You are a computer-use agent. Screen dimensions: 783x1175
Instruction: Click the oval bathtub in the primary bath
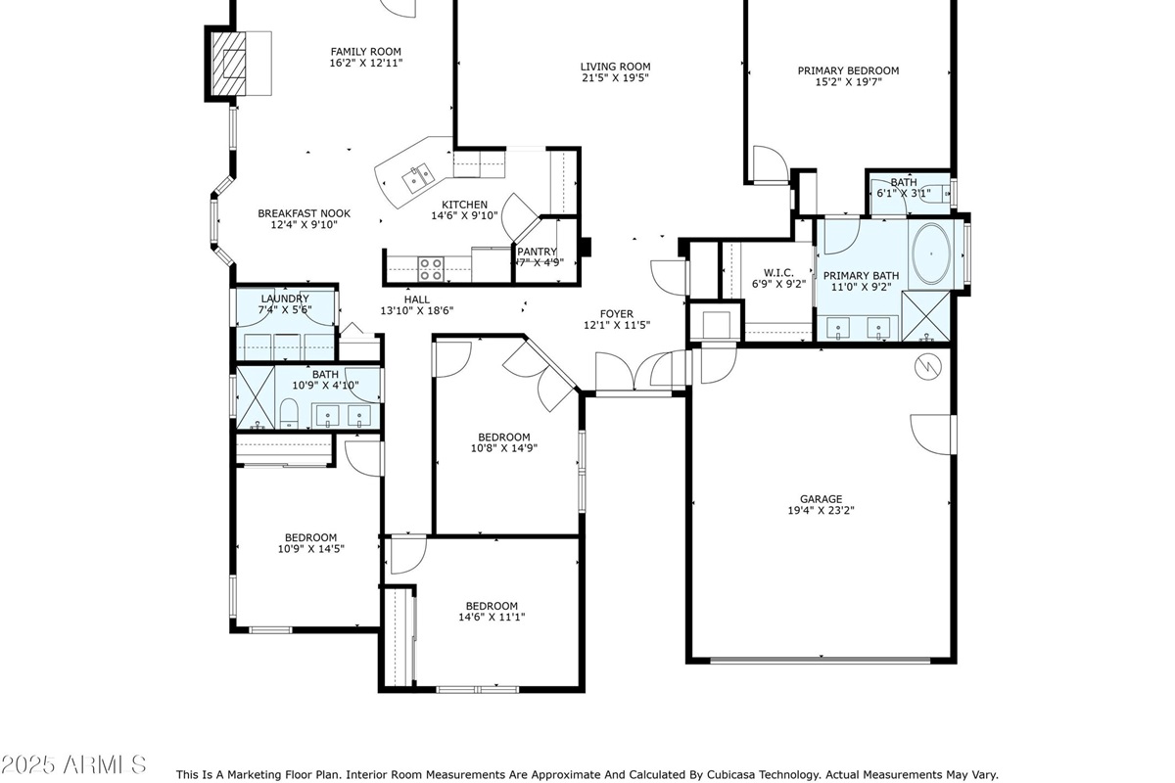pyautogui.click(x=930, y=253)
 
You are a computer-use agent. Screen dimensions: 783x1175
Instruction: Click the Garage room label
pyautogui.click(x=820, y=499)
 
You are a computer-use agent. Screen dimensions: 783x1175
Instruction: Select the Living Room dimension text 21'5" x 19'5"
pyautogui.click(x=615, y=79)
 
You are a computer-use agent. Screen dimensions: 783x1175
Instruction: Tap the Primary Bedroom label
pyautogui.click(x=848, y=70)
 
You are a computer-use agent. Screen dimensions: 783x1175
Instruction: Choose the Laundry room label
pyautogui.click(x=285, y=299)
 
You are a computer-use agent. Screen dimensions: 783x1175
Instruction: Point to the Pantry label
pyautogui.click(x=538, y=252)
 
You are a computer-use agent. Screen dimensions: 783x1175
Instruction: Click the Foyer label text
pyautogui.click(x=617, y=314)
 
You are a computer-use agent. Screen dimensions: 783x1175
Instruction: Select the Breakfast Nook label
pyautogui.click(x=304, y=213)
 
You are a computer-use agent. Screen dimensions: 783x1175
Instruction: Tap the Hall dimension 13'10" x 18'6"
pyautogui.click(x=416, y=311)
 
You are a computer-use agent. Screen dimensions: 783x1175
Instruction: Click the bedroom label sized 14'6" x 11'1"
pyautogui.click(x=492, y=606)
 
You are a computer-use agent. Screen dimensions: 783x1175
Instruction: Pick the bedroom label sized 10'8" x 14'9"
pyautogui.click(x=504, y=438)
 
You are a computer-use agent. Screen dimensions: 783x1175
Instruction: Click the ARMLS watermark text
pyautogui.click(x=73, y=763)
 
